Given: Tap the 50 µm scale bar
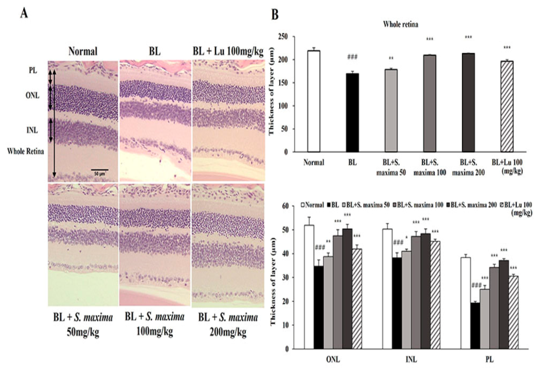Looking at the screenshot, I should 100,170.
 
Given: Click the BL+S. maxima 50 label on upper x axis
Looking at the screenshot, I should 391,166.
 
